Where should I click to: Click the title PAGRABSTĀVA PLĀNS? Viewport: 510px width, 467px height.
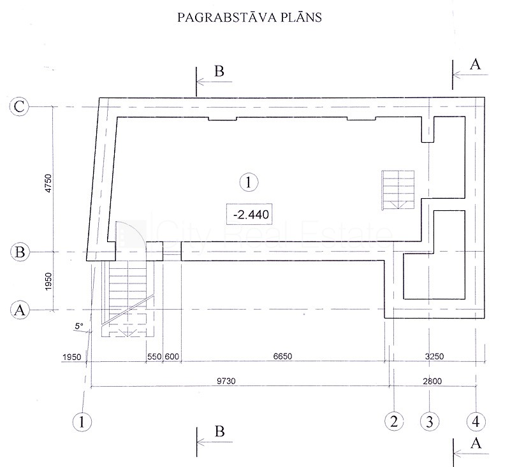click(x=249, y=17)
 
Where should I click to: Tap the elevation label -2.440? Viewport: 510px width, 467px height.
click(x=249, y=215)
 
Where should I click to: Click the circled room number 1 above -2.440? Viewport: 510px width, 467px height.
click(x=249, y=182)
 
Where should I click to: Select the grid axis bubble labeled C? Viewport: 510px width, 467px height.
click(x=19, y=106)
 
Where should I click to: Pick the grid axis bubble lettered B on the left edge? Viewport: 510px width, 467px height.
click(x=20, y=252)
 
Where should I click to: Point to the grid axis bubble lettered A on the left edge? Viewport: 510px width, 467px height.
click(x=20, y=310)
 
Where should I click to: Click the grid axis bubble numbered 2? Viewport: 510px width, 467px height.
click(x=394, y=422)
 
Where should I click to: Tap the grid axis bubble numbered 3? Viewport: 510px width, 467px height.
click(x=429, y=422)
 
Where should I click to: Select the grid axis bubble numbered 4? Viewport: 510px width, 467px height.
click(x=476, y=422)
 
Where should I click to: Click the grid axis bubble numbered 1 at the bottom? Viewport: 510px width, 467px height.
click(x=82, y=422)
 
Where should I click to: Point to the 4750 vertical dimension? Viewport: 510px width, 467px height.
click(x=48, y=183)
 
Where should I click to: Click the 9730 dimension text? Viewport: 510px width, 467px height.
click(x=226, y=381)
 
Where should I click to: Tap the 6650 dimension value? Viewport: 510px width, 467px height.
click(x=282, y=356)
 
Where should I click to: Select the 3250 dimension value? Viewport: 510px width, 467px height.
click(x=434, y=356)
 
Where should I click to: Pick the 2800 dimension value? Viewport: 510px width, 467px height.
click(x=432, y=381)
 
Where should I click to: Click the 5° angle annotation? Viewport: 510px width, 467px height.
click(x=79, y=326)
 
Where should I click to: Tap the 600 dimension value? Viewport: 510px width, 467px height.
click(x=171, y=357)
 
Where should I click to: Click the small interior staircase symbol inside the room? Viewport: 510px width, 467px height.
click(x=398, y=190)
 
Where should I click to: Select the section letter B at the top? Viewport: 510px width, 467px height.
click(x=219, y=71)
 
